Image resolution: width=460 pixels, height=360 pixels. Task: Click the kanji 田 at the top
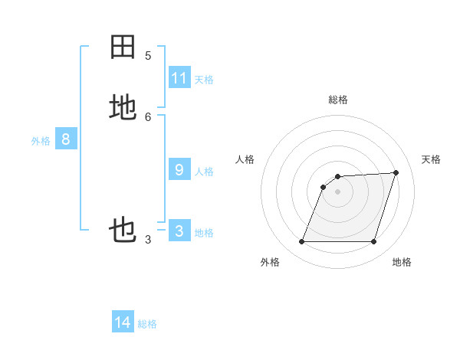[123, 47]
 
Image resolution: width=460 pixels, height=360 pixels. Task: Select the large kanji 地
[123, 107]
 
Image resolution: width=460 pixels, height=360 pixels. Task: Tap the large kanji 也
[123, 230]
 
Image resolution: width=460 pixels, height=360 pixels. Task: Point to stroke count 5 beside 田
[147, 55]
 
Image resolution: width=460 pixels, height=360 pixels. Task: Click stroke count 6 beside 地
[147, 116]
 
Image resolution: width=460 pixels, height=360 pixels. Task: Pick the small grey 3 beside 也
[147, 240]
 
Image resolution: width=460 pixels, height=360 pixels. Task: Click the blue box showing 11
[179, 77]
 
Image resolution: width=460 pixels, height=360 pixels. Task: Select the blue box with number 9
[179, 169]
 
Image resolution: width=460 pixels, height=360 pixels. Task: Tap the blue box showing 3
[179, 231]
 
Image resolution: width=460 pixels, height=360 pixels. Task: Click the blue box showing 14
[123, 322]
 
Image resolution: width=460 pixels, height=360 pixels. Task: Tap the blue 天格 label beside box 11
[204, 79]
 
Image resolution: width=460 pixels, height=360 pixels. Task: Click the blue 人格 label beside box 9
[204, 171]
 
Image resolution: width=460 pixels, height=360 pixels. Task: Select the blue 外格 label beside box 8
[41, 140]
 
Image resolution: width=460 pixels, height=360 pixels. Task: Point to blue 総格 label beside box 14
[147, 324]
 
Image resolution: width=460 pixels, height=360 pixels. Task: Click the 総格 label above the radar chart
[338, 100]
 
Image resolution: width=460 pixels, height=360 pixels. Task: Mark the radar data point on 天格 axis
[396, 172]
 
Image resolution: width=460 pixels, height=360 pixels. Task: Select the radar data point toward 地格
[373, 241]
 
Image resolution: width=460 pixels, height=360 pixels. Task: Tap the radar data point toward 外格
[302, 241]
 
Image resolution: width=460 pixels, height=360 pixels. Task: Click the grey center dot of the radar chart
[338, 191]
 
